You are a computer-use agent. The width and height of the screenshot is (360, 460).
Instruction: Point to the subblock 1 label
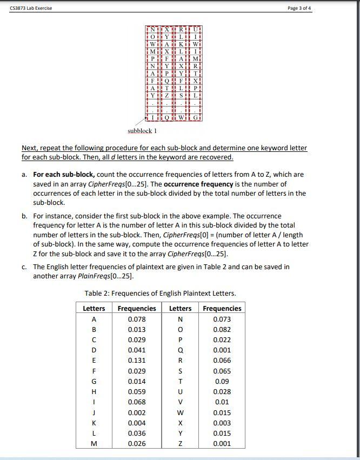pos(142,131)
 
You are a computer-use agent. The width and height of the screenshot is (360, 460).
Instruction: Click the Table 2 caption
pos(160,294)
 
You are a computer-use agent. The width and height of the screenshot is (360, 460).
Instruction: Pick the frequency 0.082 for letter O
pos(222,329)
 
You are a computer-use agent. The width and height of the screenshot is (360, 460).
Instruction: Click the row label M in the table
pos(94,443)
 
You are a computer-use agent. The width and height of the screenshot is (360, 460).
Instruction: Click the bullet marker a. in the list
pos(25,175)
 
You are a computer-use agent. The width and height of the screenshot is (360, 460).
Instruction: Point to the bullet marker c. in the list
pos(25,267)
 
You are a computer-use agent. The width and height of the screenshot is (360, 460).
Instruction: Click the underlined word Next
pos(30,148)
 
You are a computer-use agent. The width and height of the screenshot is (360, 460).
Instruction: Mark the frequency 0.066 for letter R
pos(222,361)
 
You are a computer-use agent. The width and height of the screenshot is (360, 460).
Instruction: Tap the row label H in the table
pos(94,392)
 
